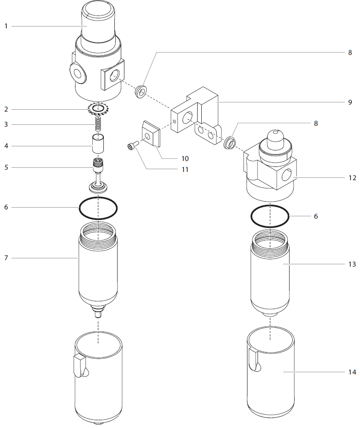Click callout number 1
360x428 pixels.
(x=6, y=26)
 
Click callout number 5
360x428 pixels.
(x=6, y=167)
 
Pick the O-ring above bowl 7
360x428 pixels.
(x=98, y=208)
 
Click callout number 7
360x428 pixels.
(x=6, y=258)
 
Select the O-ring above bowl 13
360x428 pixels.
(x=270, y=215)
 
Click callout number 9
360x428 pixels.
(x=350, y=102)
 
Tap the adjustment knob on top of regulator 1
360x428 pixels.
(x=98, y=21)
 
